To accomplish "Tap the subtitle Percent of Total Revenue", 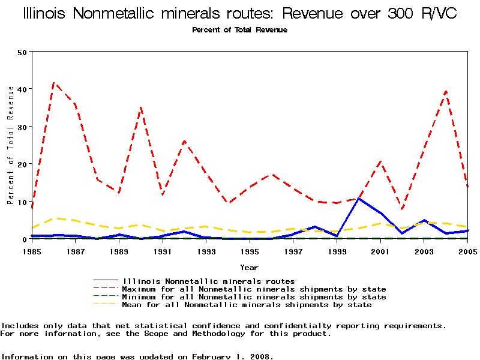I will [239, 30].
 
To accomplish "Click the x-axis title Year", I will [249, 267].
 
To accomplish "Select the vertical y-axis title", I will [10, 145].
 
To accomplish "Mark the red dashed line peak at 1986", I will [54, 83].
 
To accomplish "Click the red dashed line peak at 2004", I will [446, 91].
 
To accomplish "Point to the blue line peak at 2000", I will [359, 199].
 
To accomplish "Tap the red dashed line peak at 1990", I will [141, 108].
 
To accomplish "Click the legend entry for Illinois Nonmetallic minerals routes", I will [208, 281].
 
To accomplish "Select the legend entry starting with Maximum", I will [254, 289].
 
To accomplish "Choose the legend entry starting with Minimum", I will [254, 297].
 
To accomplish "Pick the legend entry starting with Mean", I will [247, 305].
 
